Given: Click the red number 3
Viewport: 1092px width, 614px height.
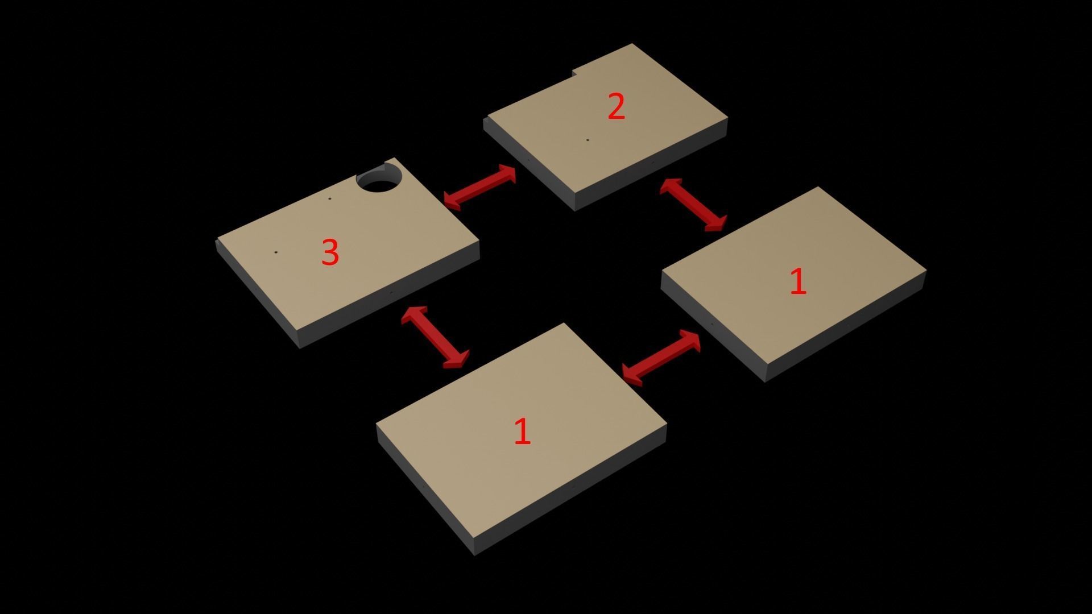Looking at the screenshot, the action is point(330,252).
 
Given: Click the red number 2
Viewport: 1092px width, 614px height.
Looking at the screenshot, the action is point(617,106).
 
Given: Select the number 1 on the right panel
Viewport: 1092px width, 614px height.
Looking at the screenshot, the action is point(799,281).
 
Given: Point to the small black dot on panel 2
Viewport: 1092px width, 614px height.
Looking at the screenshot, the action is point(588,140).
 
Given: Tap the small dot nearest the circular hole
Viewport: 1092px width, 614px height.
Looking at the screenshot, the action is point(329,199).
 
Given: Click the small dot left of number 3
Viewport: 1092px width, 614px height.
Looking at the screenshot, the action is point(276,252).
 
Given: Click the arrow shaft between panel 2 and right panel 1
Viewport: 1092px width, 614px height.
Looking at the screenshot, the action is point(693,205).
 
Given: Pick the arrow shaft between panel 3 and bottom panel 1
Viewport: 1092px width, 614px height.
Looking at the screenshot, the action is point(435,337).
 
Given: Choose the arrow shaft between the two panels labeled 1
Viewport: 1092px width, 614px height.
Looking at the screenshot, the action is point(661,358).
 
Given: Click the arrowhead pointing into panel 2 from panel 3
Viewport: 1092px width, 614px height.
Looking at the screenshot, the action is point(507,173).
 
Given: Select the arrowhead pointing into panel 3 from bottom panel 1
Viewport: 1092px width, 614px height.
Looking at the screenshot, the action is point(414,316).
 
